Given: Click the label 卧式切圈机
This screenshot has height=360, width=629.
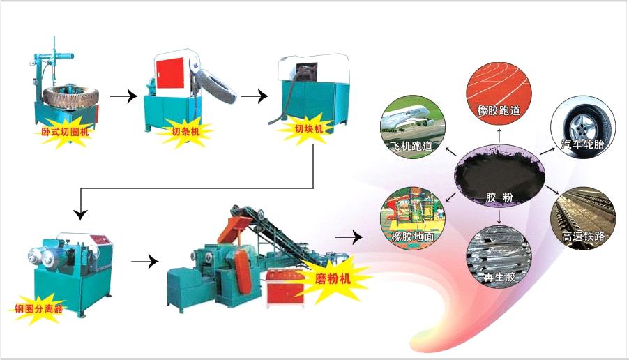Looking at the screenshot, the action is point(65,131).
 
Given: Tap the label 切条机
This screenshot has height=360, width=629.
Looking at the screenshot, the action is point(185,131).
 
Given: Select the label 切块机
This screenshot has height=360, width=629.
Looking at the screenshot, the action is point(309,129).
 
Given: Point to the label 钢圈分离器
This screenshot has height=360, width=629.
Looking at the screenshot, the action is point(39,308).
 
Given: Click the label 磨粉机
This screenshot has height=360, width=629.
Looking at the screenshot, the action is point(333,278).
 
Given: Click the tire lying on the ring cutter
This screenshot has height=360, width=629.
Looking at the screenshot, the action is point(70,96).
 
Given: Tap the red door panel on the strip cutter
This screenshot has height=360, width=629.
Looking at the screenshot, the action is point(170,73).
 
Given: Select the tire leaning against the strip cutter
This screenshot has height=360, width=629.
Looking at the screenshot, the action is point(215,87).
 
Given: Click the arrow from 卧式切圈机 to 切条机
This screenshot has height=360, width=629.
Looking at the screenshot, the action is point(123,96).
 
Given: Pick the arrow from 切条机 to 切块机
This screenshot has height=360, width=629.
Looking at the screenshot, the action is point(255,96).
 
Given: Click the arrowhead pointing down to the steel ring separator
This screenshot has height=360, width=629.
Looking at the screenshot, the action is point(81,214).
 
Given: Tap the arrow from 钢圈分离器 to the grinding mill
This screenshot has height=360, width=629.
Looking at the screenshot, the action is point(145,261).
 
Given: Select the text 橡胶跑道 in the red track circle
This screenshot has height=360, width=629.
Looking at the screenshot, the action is point(499,110).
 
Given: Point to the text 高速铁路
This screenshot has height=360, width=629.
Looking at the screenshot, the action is point(583,236).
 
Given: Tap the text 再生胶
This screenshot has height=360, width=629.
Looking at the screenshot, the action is point(499,277).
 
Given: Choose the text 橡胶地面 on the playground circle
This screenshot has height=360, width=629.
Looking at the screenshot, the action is point(413,236).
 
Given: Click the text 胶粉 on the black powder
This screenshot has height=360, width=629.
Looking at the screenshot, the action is point(499,197).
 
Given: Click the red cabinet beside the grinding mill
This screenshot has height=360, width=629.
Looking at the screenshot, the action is point(285,287).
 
